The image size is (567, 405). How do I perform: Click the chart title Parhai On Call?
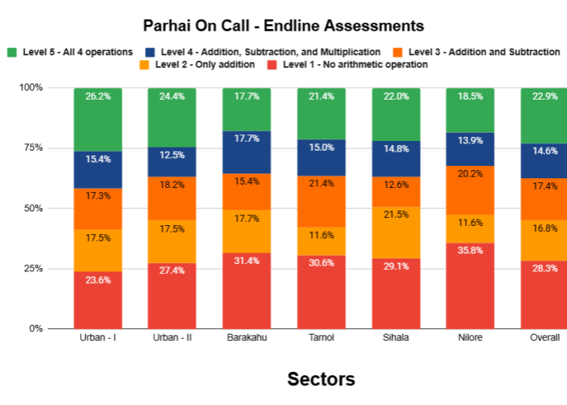pos(283,26)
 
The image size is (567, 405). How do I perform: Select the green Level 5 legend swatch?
pos(11,52)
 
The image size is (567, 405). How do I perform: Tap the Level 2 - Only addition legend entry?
pos(205,65)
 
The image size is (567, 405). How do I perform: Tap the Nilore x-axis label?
pos(471,337)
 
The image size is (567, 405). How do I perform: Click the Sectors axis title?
pos(322,379)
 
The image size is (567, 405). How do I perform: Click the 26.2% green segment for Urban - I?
pos(98,119)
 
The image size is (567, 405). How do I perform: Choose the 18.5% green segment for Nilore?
pos(471,109)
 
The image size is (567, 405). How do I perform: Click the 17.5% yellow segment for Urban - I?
pos(98,250)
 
